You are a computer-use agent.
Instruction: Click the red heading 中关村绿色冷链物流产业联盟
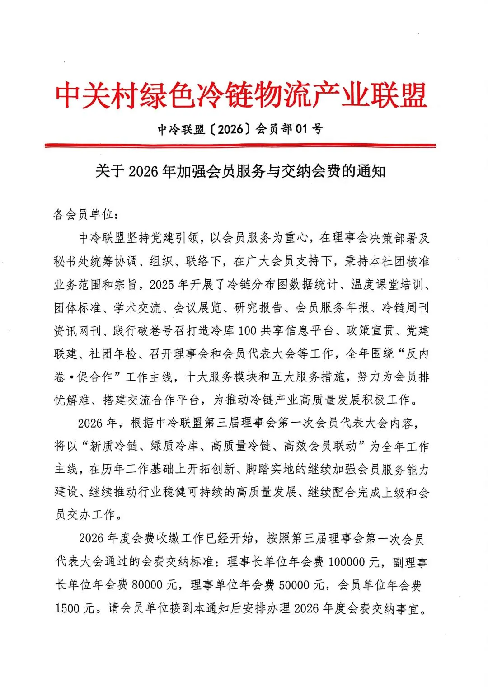[x=241, y=95]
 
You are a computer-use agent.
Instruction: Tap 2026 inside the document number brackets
[x=230, y=130]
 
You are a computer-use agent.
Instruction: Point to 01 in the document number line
[x=301, y=130]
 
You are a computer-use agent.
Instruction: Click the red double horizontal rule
[x=240, y=146]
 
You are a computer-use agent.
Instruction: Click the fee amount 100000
[x=347, y=562]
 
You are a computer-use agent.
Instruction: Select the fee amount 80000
[x=147, y=585]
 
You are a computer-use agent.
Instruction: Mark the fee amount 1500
[x=68, y=608]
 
